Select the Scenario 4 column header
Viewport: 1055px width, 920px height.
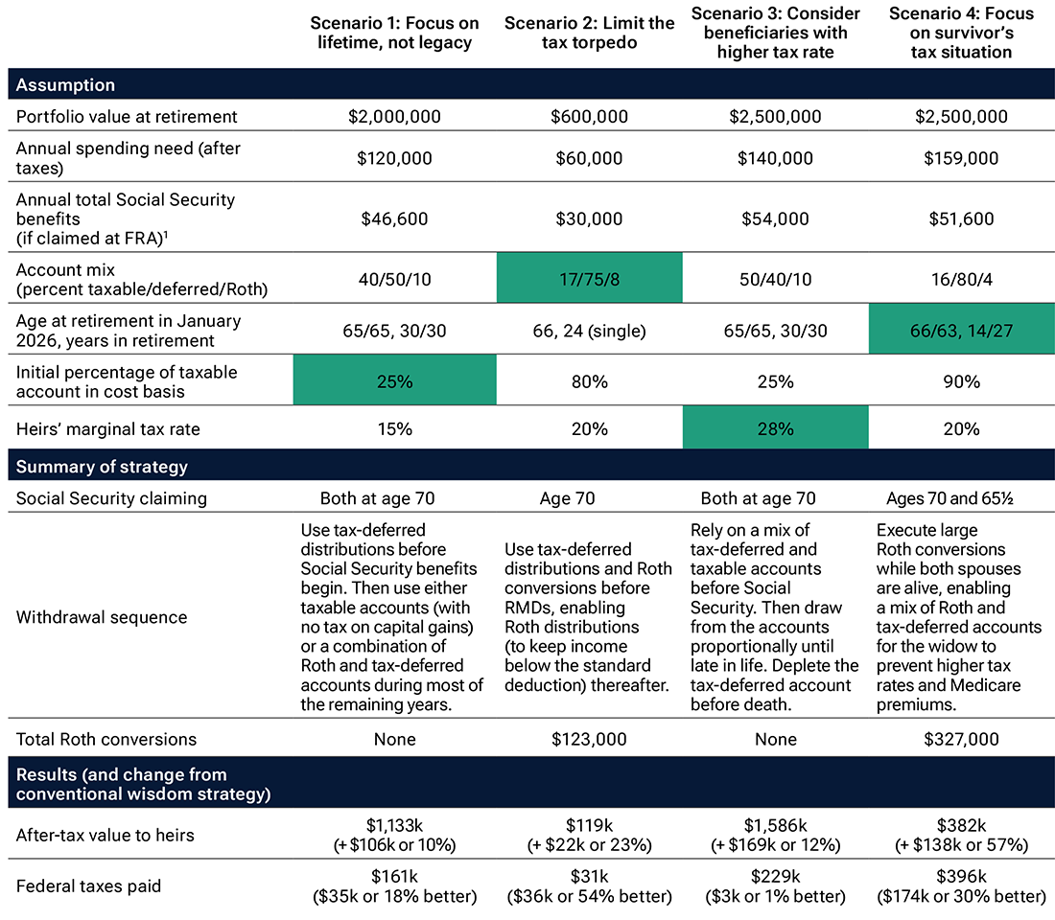pos(962,32)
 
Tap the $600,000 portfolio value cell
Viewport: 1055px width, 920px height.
pos(589,117)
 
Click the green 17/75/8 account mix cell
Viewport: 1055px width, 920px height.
pos(589,276)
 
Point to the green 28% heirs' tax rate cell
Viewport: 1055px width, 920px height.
pos(775,428)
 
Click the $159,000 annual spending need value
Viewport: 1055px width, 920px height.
pos(962,158)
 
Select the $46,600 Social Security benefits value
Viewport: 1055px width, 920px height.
pos(394,218)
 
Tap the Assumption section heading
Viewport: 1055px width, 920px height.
pos(65,85)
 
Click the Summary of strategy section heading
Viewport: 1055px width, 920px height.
pos(102,468)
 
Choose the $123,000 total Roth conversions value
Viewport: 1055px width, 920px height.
pos(589,739)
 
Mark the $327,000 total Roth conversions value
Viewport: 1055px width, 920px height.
pos(962,739)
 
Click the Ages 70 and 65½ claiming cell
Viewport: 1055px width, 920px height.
pos(962,498)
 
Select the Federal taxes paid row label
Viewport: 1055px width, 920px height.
pos(88,885)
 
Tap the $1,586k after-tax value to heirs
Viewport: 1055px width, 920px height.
pos(775,825)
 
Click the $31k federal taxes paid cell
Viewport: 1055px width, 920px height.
pos(589,876)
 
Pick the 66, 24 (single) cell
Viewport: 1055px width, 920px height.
pos(589,332)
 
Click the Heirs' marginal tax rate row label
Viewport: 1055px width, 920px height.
pos(108,428)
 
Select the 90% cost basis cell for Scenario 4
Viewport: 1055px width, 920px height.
pos(962,380)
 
